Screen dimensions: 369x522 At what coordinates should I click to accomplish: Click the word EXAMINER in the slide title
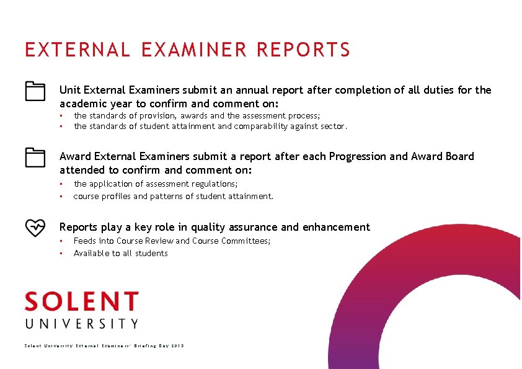[x=190, y=50]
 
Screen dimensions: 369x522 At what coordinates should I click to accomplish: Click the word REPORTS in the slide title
[x=304, y=50]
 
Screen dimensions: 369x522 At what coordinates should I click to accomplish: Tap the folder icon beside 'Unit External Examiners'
[x=35, y=91]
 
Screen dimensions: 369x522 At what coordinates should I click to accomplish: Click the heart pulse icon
[x=35, y=228]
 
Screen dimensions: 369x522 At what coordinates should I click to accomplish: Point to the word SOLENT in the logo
[x=81, y=302]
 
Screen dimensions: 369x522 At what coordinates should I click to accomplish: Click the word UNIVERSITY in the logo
[x=81, y=323]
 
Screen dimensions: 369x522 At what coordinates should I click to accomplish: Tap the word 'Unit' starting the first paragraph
[x=69, y=90]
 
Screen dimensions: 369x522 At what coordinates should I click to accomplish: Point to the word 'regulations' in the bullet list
[x=215, y=184]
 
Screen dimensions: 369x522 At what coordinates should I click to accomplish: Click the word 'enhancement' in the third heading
[x=335, y=227]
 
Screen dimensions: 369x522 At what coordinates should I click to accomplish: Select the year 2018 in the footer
[x=177, y=345]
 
